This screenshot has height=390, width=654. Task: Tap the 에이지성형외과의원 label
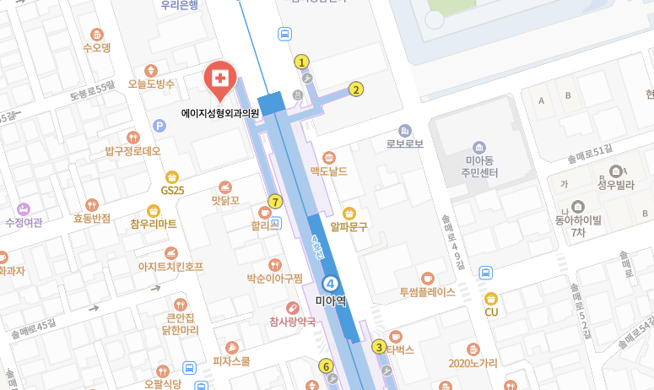pyautogui.click(x=220, y=112)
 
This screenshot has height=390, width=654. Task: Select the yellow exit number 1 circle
pyautogui.click(x=301, y=62)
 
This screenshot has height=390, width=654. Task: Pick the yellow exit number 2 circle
pyautogui.click(x=356, y=89)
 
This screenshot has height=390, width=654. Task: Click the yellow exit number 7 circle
pyautogui.click(x=274, y=201)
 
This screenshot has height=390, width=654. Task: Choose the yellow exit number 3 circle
pyautogui.click(x=380, y=347)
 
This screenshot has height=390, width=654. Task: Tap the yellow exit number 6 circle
pyautogui.click(x=326, y=366)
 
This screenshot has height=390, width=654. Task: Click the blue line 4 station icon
pyautogui.click(x=332, y=283)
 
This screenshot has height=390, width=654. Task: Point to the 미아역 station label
pyautogui.click(x=332, y=300)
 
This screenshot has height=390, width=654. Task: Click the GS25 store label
pyautogui.click(x=173, y=191)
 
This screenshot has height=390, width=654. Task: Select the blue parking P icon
pyautogui.click(x=159, y=126)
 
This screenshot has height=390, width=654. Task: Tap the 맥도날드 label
pyautogui.click(x=328, y=171)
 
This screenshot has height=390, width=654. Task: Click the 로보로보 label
pyautogui.click(x=404, y=144)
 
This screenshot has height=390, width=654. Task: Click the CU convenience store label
pyautogui.click(x=491, y=312)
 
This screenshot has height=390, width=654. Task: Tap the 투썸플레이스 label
pyautogui.click(x=427, y=292)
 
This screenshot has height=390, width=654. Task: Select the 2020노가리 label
pyautogui.click(x=473, y=363)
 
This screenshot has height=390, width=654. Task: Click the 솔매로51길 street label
pyautogui.click(x=589, y=150)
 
